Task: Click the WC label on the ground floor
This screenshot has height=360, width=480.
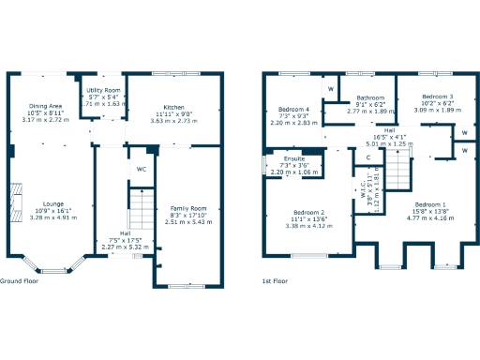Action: (x=142, y=169)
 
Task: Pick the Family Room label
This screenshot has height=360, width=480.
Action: (x=187, y=208)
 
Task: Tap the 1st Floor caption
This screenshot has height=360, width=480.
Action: (x=275, y=281)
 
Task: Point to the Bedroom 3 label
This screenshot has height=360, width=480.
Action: (x=437, y=97)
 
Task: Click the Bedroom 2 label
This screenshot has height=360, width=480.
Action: (x=308, y=212)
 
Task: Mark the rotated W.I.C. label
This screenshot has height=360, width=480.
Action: (x=362, y=193)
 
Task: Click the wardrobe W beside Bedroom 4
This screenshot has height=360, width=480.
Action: (x=331, y=89)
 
